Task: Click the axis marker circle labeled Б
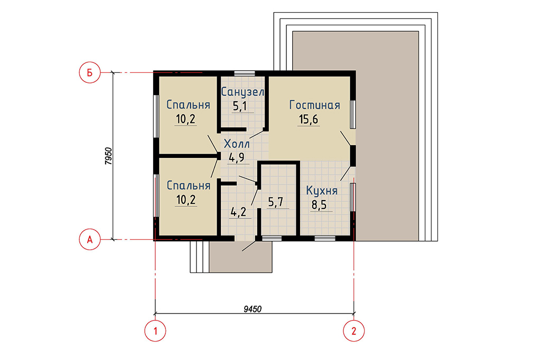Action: click(90, 73)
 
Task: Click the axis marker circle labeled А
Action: click(90, 239)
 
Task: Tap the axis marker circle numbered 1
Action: click(155, 331)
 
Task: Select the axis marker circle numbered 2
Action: click(353, 331)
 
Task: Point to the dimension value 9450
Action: click(253, 309)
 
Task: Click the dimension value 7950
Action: click(108, 156)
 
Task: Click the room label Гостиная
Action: click(315, 105)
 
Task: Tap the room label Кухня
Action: click(322, 191)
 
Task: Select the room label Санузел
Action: click(242, 92)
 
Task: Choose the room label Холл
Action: click(237, 144)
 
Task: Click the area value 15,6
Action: click(309, 119)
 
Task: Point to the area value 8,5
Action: click(319, 205)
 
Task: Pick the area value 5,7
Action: click(275, 202)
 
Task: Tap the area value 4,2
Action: click(238, 212)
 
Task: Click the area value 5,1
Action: click(240, 106)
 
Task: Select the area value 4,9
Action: click(236, 158)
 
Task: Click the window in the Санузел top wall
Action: click(245, 73)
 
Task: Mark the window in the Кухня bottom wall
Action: click(325, 238)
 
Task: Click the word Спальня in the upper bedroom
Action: click(189, 105)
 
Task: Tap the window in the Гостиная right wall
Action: click(353, 115)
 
